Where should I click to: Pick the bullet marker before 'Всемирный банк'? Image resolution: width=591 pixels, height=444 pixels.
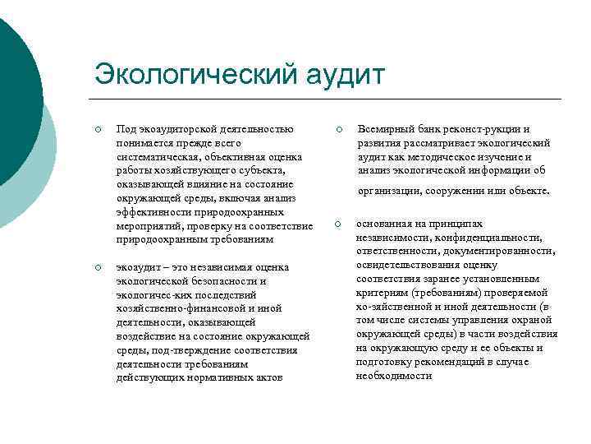click(x=337, y=130)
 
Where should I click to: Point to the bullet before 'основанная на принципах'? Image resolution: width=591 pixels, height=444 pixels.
click(x=337, y=224)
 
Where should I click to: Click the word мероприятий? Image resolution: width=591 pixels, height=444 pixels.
click(x=150, y=225)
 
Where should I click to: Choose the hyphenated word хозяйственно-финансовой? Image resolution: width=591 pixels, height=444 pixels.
click(x=177, y=309)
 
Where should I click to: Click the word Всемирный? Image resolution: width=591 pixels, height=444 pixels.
click(x=385, y=129)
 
